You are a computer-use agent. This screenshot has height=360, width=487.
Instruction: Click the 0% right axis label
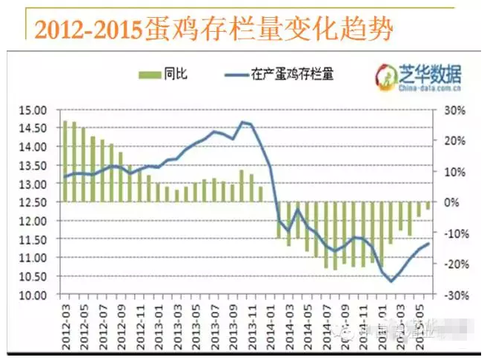(x=449, y=202)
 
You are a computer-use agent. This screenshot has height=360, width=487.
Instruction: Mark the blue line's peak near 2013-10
(x=242, y=121)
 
